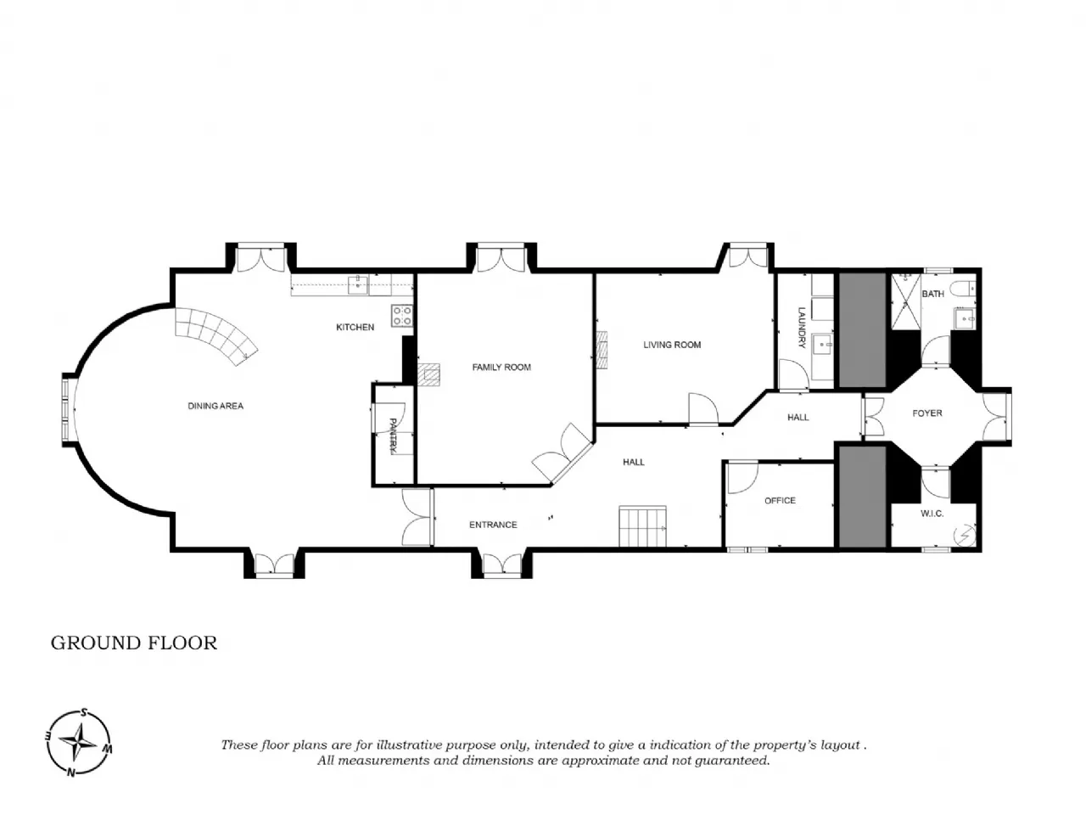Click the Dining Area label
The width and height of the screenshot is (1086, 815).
[x=216, y=406]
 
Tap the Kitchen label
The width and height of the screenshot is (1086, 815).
[x=355, y=327]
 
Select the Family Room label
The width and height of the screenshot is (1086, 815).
[x=501, y=367]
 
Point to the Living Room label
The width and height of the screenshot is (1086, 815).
[x=672, y=345]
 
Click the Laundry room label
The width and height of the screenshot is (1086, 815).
[x=802, y=328]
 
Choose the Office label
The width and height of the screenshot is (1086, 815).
[x=780, y=501]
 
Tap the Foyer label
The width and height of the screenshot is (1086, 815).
[x=927, y=413]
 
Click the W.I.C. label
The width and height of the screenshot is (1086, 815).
[x=932, y=514]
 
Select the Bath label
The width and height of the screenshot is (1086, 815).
[x=932, y=294]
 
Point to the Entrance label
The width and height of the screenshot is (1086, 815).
[x=493, y=525]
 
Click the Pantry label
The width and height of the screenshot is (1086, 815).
[x=393, y=436]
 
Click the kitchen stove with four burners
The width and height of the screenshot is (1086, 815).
[x=402, y=316]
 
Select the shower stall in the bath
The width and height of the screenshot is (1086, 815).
[x=906, y=301]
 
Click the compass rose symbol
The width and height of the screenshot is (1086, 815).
[x=79, y=743]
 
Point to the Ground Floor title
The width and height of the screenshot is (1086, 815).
[x=134, y=643]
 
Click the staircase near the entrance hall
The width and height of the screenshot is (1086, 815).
[x=643, y=526]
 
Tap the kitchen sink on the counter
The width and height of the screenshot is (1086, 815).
[x=358, y=284]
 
